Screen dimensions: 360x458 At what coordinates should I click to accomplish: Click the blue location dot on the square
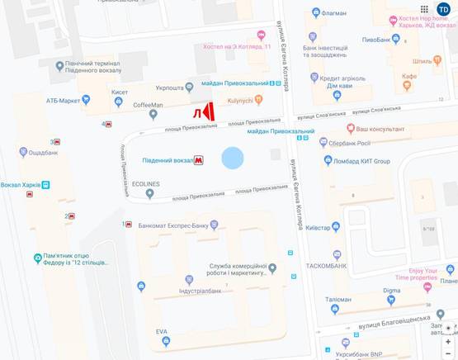(233, 158)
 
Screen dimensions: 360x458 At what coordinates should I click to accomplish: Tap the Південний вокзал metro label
(168, 159)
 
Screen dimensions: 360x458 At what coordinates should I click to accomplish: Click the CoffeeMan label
(149, 105)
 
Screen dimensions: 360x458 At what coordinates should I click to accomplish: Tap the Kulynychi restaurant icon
(258, 100)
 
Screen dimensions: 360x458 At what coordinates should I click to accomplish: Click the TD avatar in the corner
(444, 9)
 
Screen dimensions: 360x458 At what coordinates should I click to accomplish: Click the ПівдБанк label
(378, 39)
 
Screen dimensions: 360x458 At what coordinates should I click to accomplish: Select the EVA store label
(162, 331)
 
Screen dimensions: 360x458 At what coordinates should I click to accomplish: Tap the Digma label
(391, 291)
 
